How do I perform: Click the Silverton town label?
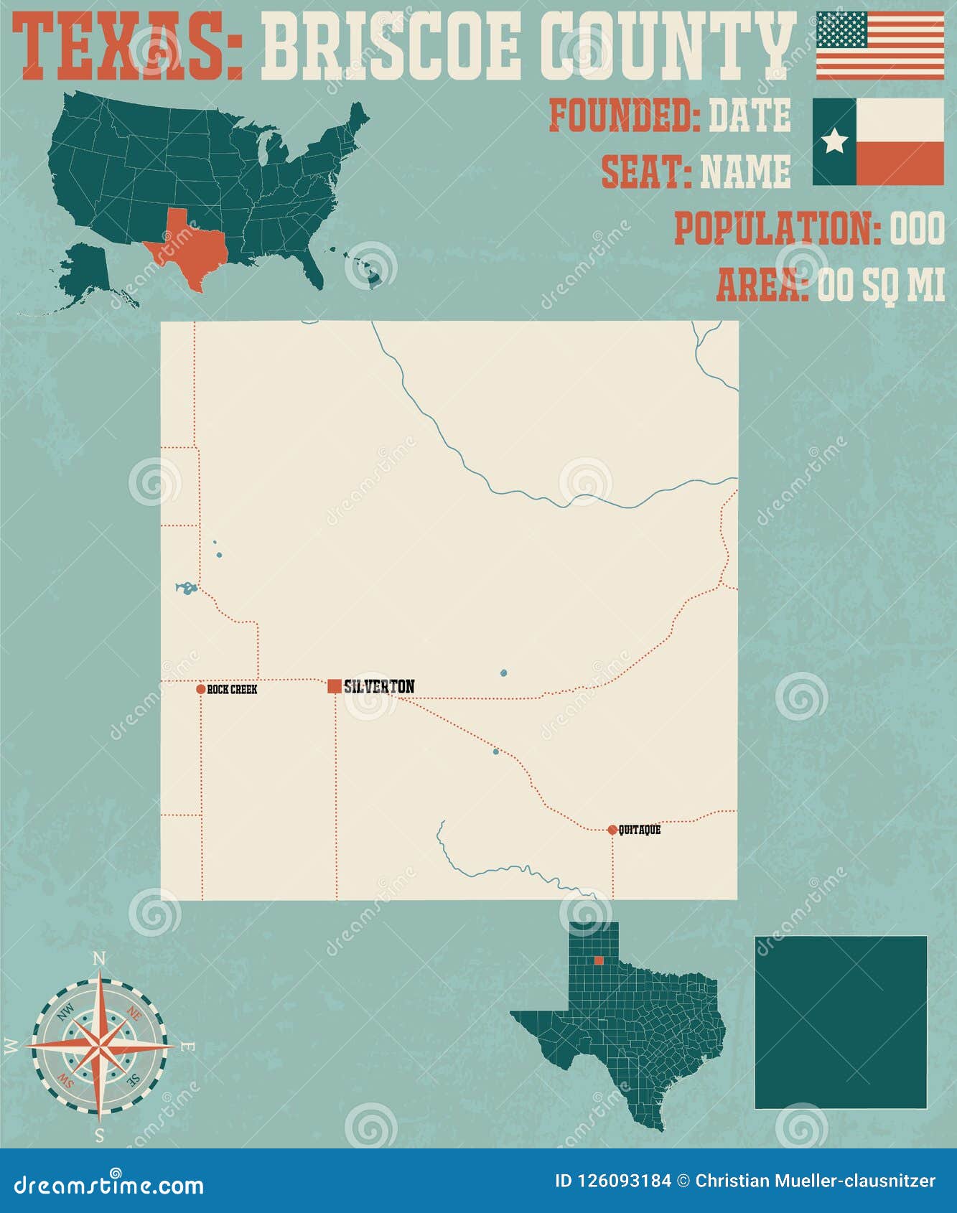point(379,687)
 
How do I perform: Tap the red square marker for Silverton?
point(335,686)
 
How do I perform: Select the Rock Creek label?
point(232,690)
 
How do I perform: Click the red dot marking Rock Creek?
point(200,689)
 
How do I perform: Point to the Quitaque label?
point(640,830)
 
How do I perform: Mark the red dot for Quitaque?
point(612,830)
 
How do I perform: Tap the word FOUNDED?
point(624,116)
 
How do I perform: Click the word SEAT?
point(645,172)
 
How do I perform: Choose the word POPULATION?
point(777,228)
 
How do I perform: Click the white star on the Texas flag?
point(834,141)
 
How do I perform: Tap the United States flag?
point(879,45)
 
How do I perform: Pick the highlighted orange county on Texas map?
point(599,960)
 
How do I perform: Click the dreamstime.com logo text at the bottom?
point(109,1184)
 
